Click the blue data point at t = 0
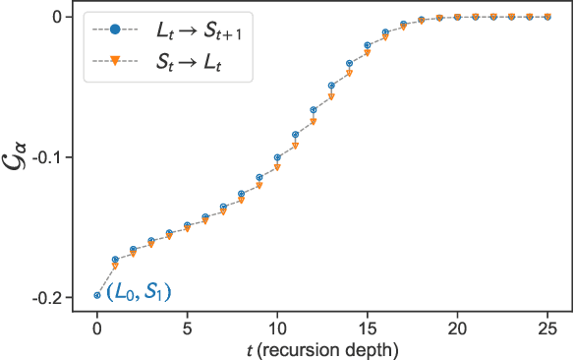coord(97,295)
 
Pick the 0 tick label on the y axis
coord(58,17)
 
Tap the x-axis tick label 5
coord(187,328)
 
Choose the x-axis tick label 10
coord(277,328)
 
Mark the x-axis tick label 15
coord(368,328)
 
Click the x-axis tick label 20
coord(458,328)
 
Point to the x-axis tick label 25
coord(548,328)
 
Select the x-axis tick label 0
coord(97,328)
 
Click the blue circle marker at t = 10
coord(277,157)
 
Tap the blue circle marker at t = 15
coord(368,45)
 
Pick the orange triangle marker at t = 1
coord(115,266)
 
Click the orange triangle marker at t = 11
coord(296,146)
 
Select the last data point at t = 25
coord(548,17)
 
